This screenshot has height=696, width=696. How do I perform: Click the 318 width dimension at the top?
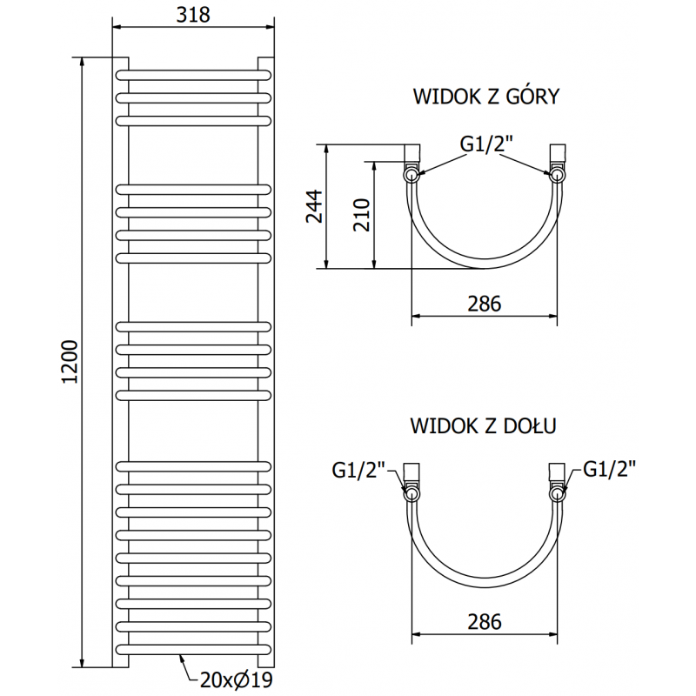(195, 15)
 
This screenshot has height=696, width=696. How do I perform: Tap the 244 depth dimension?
(315, 206)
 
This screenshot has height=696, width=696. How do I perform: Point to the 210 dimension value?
(363, 214)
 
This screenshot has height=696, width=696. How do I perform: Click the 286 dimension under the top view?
(484, 304)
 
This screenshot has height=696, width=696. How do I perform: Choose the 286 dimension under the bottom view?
(484, 622)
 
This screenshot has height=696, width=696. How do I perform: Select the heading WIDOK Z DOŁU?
(484, 425)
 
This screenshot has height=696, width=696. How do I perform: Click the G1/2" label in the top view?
(484, 145)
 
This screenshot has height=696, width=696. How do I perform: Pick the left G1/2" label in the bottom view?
(358, 470)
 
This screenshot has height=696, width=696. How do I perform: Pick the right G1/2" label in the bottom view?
(609, 470)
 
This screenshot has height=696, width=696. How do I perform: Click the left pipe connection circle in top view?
(411, 175)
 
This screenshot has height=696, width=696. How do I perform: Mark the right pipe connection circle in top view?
(556, 175)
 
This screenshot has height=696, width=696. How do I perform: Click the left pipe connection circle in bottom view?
(411, 494)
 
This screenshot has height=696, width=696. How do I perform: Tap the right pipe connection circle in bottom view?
(556, 494)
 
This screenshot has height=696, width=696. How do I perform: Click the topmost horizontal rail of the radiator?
(195, 74)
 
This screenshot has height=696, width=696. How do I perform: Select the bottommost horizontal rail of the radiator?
(195, 650)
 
